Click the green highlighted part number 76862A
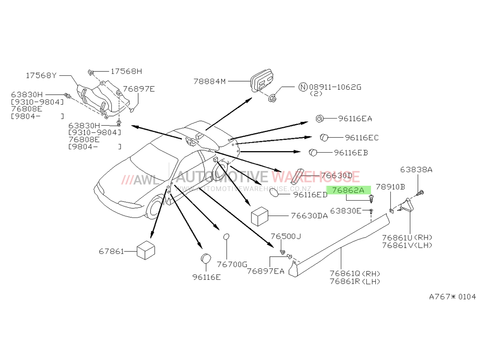348,191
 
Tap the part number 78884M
209,82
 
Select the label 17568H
126,72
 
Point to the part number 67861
111,252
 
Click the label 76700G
232,264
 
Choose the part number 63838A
416,169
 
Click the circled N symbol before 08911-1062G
303,87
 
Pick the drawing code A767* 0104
453,297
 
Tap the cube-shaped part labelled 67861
146,251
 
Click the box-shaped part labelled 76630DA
260,216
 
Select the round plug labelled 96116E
206,259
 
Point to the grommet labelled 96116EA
319,119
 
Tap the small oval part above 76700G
226,237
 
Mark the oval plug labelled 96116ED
274,193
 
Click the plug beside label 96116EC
324,137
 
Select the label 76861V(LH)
407,245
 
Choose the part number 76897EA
265,271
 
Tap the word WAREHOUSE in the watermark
316,177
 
